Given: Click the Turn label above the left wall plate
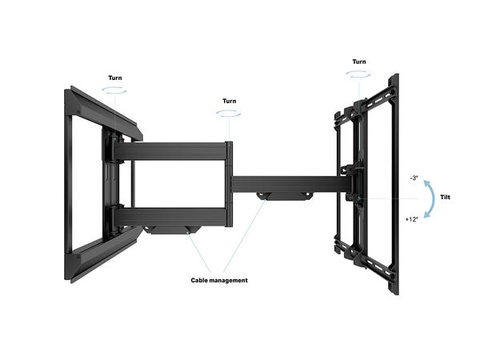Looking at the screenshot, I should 116,78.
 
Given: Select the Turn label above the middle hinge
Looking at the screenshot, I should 230,102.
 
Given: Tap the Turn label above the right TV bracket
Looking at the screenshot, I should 358,62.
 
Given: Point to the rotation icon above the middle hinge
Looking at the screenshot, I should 230,114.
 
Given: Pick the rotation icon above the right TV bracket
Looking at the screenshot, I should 358,74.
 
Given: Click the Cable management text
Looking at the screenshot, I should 219,280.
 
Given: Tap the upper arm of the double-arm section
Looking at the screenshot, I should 172,150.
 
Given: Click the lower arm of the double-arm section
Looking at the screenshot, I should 172,215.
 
